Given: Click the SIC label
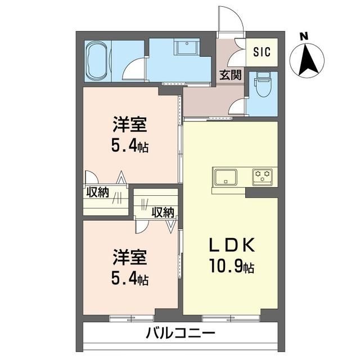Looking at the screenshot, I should pos(262,52).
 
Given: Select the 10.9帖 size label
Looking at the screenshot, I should pos(232,267).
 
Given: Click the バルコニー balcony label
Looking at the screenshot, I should pos(181,332).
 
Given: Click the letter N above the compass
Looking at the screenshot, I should pos(304,37).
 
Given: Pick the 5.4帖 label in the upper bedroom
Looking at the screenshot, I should pos(130,147).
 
